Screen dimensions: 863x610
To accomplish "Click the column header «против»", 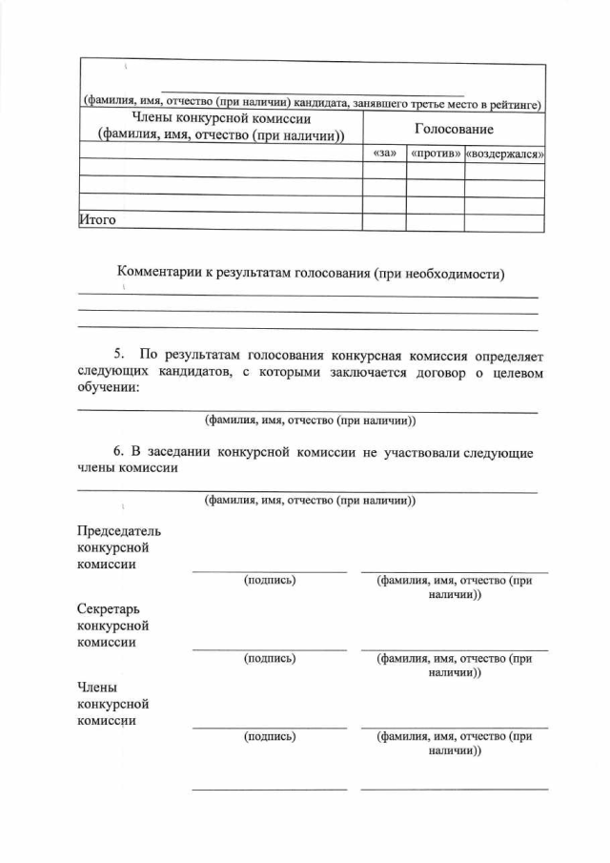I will [435, 153].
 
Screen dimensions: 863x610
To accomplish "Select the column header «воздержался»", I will [504, 153].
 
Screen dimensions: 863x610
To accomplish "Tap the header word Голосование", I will [453, 129].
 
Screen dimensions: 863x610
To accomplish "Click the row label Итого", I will [97, 220].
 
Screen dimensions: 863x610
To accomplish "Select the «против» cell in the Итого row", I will [435, 221].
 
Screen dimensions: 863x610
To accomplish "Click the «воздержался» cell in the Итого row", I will [504, 221].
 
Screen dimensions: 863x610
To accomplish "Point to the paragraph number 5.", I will [119, 355].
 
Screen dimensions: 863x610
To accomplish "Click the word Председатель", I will [119, 530].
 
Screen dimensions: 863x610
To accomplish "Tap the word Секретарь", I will [112, 608].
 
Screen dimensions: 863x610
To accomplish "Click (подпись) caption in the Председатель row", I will [270, 580].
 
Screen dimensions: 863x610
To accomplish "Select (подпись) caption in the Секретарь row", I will [270, 658].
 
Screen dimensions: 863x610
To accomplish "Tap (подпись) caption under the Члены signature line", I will [270, 736].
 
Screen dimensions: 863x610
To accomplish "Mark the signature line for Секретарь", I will [270, 648].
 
